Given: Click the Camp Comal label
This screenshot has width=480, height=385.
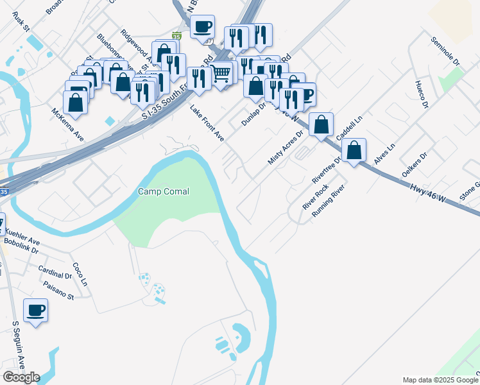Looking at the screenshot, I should click(x=164, y=191).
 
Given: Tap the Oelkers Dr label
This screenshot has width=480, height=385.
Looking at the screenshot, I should click(x=415, y=165).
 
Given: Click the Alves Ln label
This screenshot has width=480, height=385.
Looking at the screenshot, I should click(x=384, y=156).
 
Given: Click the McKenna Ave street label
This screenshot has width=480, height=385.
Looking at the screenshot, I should click(x=68, y=125).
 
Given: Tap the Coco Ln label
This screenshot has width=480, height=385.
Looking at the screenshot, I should click(x=80, y=274).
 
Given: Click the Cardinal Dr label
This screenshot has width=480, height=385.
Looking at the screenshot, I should click(x=55, y=272).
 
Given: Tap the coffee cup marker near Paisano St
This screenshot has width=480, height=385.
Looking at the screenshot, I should click(x=36, y=311).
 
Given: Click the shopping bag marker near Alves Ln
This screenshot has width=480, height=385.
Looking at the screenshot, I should click(x=354, y=151).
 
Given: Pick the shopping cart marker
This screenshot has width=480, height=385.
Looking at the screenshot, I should click(x=221, y=73).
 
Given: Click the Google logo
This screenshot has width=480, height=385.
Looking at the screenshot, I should click(x=21, y=377).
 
